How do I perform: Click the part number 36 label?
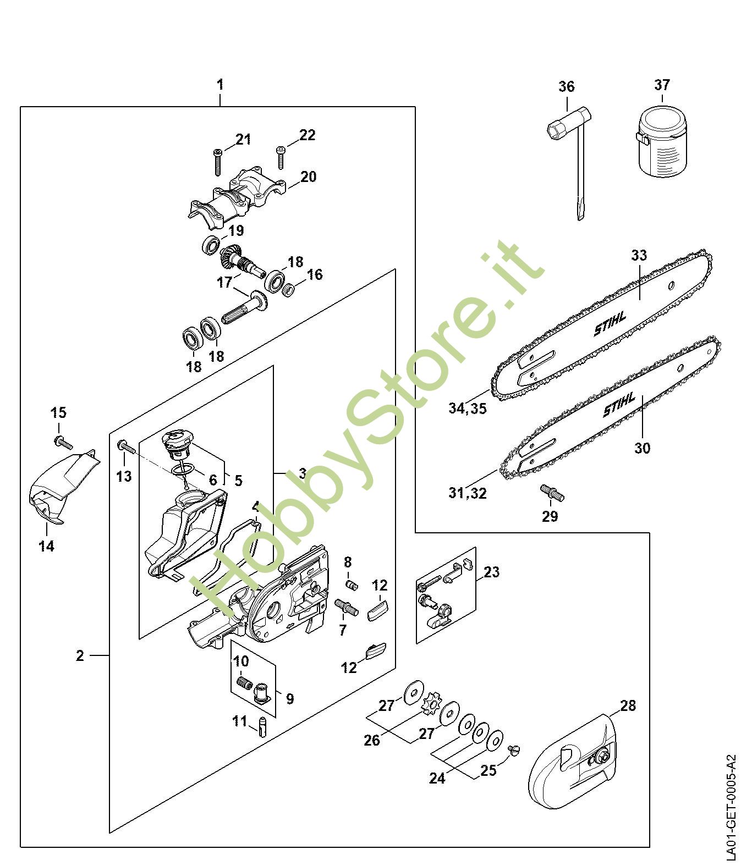point(567,86)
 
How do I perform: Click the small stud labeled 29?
point(550,491)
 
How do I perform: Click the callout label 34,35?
point(468,409)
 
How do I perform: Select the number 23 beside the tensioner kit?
point(491,572)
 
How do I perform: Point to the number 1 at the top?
point(220,85)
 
